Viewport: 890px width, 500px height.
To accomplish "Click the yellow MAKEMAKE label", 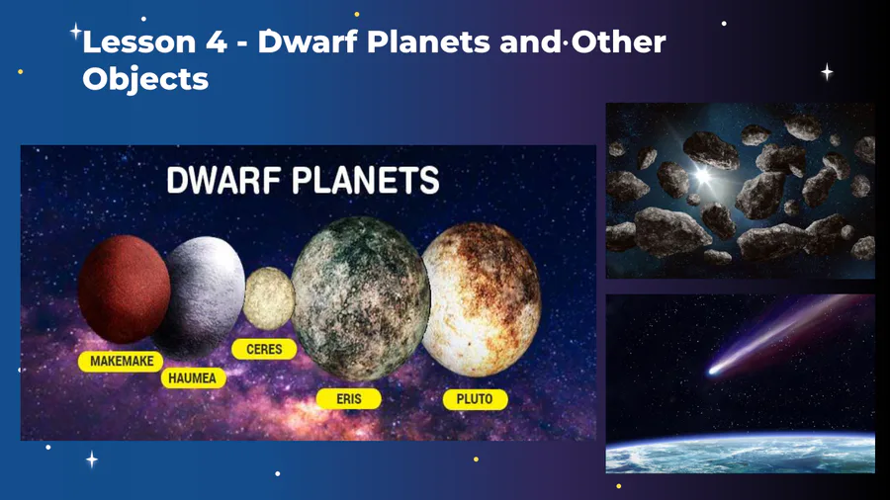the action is point(121,361).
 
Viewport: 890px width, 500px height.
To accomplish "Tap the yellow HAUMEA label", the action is point(193,378).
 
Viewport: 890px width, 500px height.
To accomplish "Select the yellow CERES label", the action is point(264,349).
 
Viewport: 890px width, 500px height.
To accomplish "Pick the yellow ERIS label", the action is point(348,399).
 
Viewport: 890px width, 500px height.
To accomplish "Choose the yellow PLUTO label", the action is point(475,399).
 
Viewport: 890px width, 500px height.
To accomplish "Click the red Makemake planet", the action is point(124,290).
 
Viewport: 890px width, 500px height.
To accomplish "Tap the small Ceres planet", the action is point(269,298).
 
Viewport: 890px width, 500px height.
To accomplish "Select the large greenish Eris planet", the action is point(360,298).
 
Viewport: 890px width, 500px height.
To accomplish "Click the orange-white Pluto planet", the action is point(483,299).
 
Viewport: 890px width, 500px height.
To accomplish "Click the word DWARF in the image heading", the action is point(223,181).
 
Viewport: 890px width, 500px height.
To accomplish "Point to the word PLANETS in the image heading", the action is point(366,181).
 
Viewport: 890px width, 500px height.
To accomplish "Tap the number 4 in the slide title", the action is point(217,42).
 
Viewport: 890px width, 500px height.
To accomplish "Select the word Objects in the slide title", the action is point(146,79).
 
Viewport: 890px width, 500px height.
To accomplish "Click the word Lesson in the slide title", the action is point(139,42).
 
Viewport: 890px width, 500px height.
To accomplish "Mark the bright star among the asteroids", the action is point(703,175).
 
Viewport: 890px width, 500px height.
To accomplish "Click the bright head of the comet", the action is point(714,371).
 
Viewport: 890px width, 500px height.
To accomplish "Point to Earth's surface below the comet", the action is point(740,454).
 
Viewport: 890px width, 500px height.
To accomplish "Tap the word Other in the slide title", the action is point(619,42).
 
